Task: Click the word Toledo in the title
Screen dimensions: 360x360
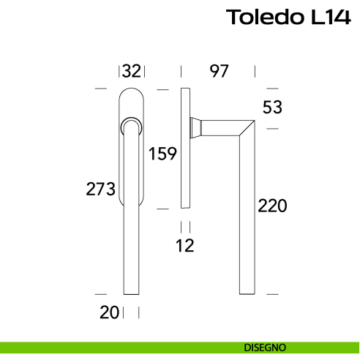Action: click(x=261, y=17)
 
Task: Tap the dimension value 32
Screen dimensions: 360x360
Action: click(x=132, y=71)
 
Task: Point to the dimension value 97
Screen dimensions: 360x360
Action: click(x=219, y=71)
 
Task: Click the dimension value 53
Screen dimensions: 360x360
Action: click(x=272, y=108)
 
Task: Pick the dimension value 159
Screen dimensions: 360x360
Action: click(x=162, y=154)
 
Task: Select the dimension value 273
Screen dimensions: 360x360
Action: click(x=101, y=189)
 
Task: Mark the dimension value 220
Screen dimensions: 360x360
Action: click(x=271, y=206)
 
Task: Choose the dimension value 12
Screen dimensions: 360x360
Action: click(x=185, y=246)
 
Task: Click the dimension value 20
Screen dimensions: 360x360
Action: click(x=109, y=312)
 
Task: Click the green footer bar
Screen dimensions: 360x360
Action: click(x=110, y=347)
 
